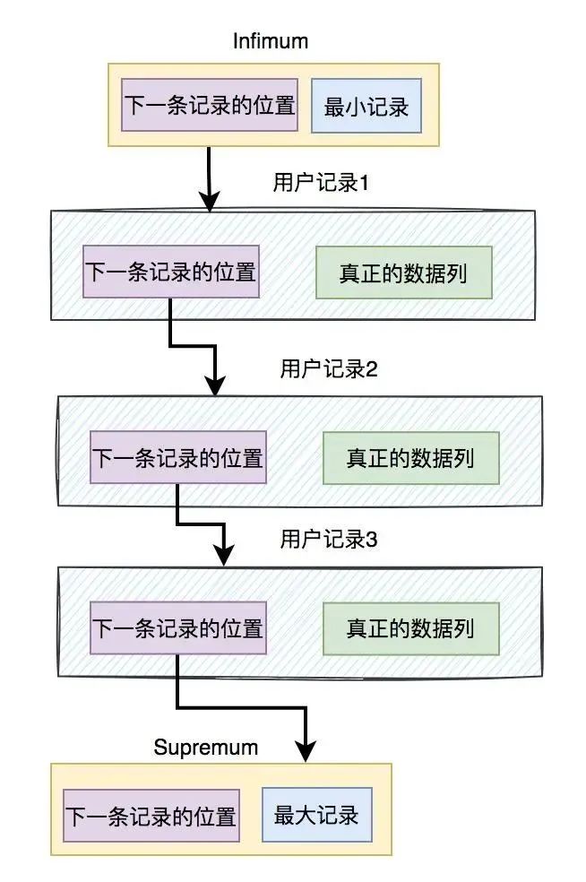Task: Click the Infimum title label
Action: [x=271, y=41]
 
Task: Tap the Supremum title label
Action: [x=205, y=747]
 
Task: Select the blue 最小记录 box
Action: [x=366, y=107]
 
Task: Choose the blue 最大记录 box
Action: [x=316, y=816]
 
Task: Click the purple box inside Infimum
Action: [x=210, y=106]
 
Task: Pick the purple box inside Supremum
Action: [x=151, y=817]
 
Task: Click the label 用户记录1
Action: [x=321, y=183]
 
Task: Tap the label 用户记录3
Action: [x=329, y=540]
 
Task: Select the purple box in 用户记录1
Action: [x=170, y=272]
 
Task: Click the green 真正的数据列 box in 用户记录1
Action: [x=403, y=272]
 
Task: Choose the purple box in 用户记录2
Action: [x=177, y=458]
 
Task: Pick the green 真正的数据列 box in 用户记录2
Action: [x=410, y=458]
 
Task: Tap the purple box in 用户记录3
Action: [x=177, y=627]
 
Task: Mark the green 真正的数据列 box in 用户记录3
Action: [x=410, y=627]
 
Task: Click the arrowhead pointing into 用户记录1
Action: [x=210, y=202]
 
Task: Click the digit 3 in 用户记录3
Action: [x=373, y=540]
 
